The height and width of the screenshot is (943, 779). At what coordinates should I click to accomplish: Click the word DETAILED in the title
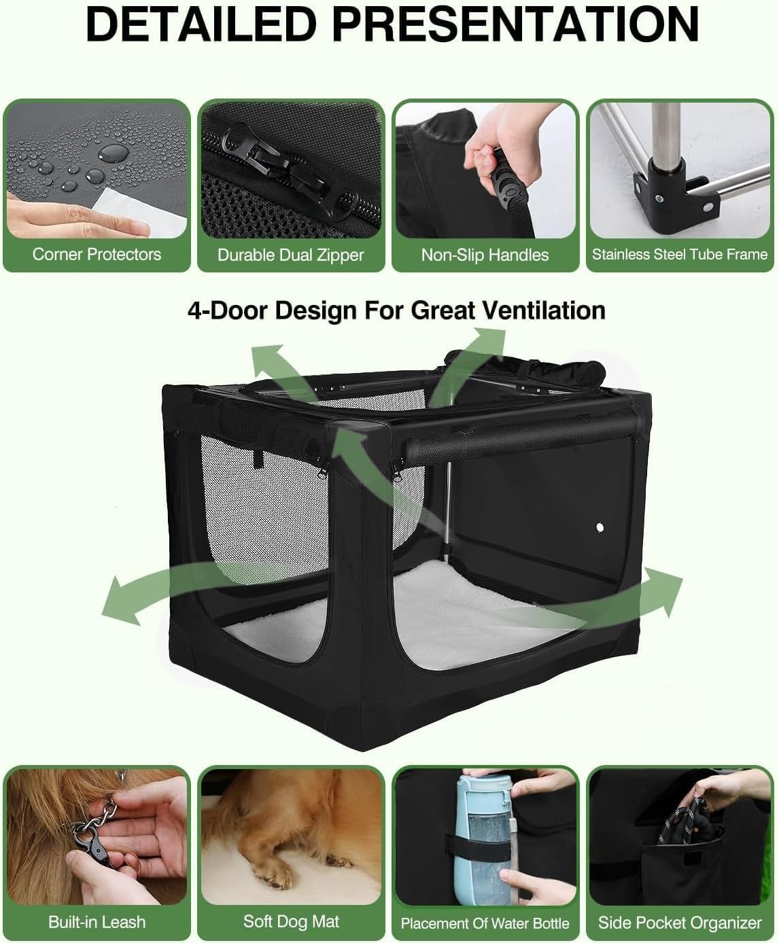point(203,24)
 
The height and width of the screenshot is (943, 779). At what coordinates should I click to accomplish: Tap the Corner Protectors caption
point(97,254)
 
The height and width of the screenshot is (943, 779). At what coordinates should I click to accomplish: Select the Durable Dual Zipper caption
point(291,255)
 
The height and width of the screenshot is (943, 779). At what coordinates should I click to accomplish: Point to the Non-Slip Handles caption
point(485,255)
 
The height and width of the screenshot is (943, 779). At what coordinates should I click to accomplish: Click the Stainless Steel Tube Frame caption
point(679,254)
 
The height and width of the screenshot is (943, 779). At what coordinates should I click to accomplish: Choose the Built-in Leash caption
point(97,922)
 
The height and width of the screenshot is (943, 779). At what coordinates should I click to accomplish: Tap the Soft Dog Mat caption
point(291,921)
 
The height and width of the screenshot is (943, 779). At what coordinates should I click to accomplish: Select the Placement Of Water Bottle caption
point(485,923)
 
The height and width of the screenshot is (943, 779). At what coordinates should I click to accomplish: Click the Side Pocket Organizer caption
point(679,923)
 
